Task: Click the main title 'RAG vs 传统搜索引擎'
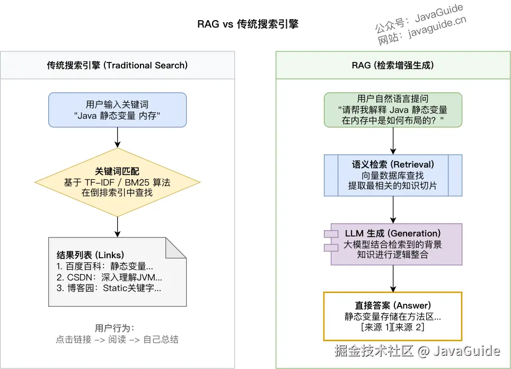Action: (248, 24)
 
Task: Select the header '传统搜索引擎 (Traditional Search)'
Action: (117, 65)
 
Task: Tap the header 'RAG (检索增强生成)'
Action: (393, 65)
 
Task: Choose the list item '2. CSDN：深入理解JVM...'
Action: (109, 277)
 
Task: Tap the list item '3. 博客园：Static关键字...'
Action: (109, 288)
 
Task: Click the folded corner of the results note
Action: (177, 248)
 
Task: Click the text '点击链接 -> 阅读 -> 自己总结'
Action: (117, 339)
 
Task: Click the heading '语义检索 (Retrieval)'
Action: (393, 164)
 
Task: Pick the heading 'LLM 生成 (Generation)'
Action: (393, 233)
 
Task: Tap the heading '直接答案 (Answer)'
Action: (393, 305)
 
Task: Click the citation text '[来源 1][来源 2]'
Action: (393, 328)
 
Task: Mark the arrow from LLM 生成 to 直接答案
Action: (393, 278)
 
